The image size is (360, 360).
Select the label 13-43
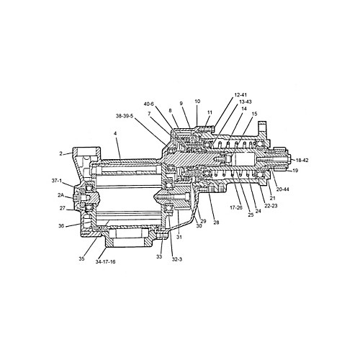coord(245,102)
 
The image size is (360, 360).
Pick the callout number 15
coord(254,114)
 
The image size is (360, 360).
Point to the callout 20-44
coord(282,189)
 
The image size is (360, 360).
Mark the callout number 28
coord(215,222)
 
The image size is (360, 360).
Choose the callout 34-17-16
coord(107,263)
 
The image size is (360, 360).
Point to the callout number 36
coord(61,226)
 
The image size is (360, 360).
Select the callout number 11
coord(210,114)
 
